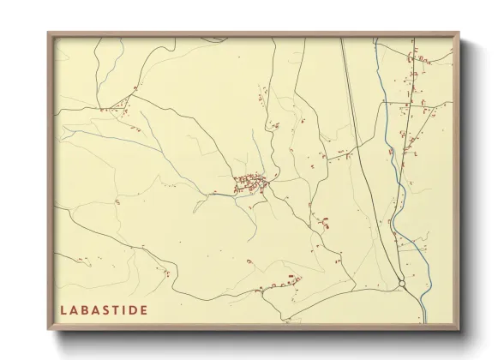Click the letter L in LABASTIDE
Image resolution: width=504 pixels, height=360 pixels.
(x=63, y=309)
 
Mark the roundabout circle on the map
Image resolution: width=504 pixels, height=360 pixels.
(x=402, y=283)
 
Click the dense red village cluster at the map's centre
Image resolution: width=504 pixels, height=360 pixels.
(x=251, y=181)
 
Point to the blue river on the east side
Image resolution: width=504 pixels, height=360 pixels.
(x=396, y=163)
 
